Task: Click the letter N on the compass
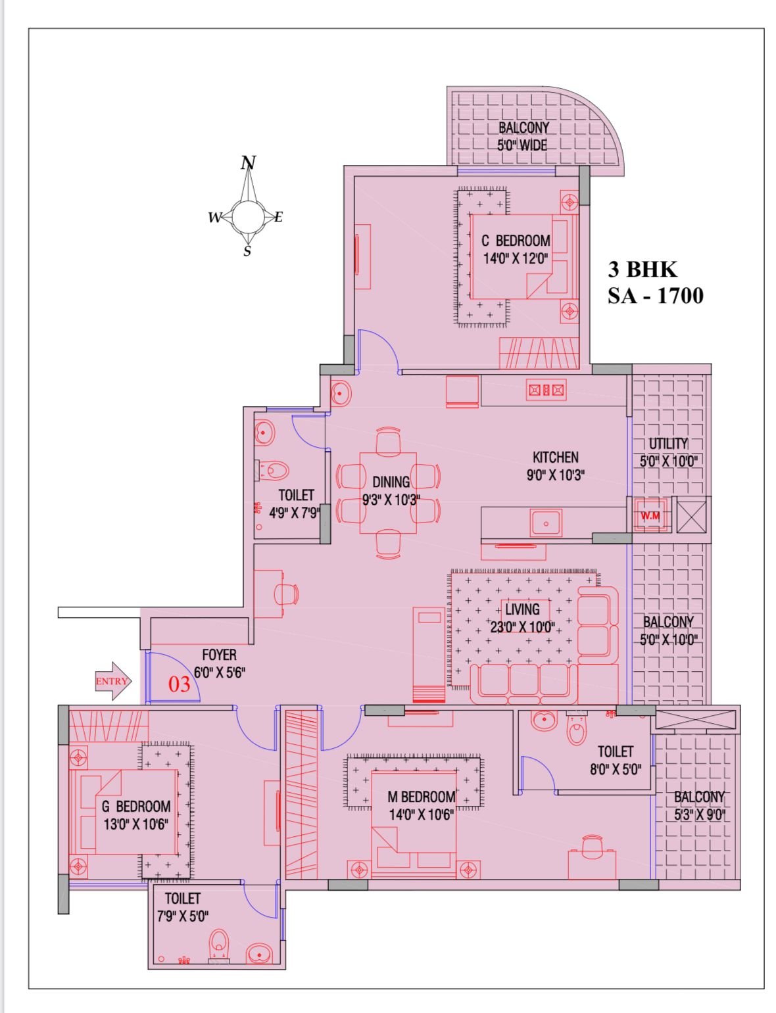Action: tap(248, 162)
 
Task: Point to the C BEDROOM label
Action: tap(516, 241)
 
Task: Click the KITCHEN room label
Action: tap(556, 457)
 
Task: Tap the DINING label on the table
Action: tap(391, 482)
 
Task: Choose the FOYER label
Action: tap(219, 655)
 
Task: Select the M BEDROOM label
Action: tap(421, 797)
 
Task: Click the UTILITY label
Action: tap(668, 443)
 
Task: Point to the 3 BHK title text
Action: tap(642, 269)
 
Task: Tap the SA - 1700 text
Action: tap(655, 295)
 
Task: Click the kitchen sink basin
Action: tap(546, 523)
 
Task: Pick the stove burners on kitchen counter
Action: tap(546, 390)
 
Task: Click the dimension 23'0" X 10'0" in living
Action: tap(522, 627)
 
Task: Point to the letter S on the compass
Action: tap(247, 251)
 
